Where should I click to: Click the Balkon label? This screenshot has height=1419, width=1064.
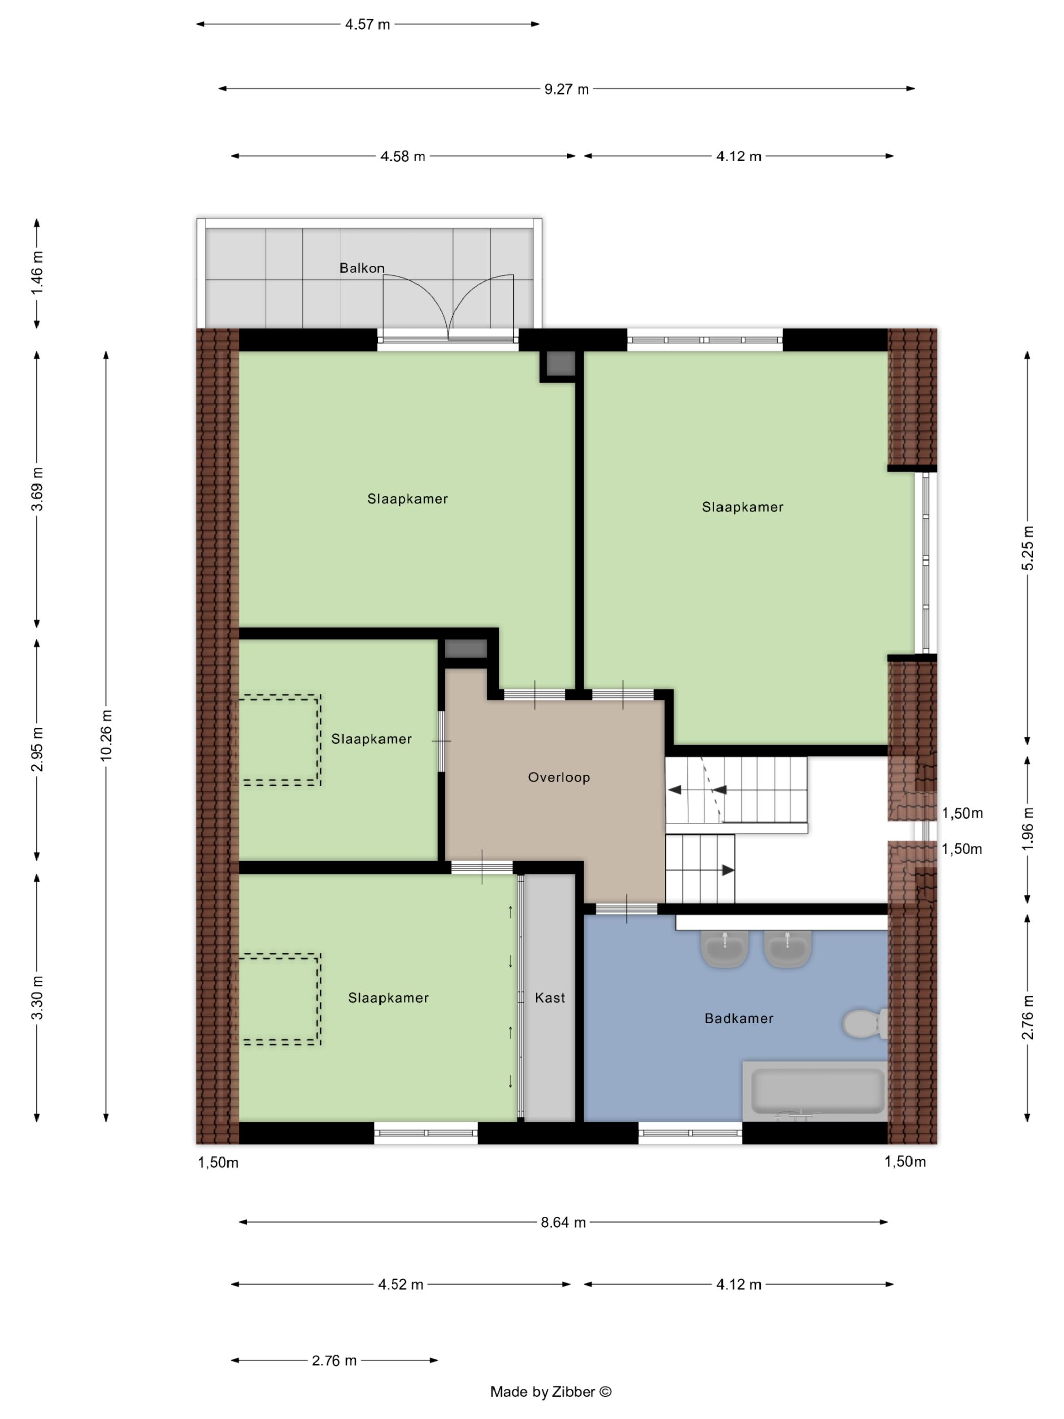point(362,268)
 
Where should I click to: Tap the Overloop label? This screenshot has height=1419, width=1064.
point(559,777)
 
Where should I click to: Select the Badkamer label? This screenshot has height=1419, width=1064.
point(739,1018)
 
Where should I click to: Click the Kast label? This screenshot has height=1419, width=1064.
point(550,997)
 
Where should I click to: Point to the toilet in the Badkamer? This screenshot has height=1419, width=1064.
point(865,1023)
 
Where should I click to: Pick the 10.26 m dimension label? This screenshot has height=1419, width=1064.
point(106,735)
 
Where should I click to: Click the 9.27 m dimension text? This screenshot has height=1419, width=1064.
point(566,89)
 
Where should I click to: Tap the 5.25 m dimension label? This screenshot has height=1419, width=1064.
point(1028,548)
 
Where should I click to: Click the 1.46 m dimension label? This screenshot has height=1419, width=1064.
point(37,273)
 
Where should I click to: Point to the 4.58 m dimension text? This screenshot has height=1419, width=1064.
point(403,157)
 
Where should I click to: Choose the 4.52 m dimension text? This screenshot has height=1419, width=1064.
point(401,1284)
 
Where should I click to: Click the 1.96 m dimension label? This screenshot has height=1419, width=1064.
point(1028,829)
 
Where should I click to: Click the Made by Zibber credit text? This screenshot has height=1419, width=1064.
point(551,1392)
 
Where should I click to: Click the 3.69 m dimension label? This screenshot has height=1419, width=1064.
point(37,489)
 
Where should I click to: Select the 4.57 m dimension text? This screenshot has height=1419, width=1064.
point(367,25)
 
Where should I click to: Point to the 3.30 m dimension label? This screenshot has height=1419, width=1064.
point(37,997)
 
